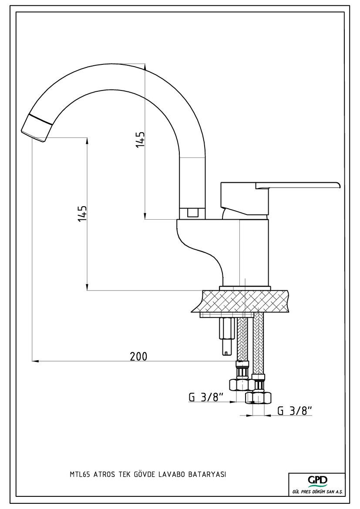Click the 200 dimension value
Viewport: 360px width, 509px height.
[138, 356]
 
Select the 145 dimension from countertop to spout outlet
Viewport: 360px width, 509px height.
[82, 214]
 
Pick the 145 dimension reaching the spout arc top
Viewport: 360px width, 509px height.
[140, 140]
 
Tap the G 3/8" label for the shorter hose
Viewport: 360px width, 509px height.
[206, 397]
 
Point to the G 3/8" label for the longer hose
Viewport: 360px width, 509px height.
[295, 410]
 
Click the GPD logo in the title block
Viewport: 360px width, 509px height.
[317, 481]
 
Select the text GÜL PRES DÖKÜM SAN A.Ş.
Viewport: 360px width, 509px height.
[317, 491]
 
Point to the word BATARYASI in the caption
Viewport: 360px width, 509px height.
[207, 475]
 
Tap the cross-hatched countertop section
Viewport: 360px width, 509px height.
[244, 301]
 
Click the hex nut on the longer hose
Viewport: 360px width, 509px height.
[259, 398]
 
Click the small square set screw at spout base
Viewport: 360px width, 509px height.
[192, 213]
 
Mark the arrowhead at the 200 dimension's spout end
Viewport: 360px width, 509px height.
[36, 361]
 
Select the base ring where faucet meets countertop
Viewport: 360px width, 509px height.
[245, 288]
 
